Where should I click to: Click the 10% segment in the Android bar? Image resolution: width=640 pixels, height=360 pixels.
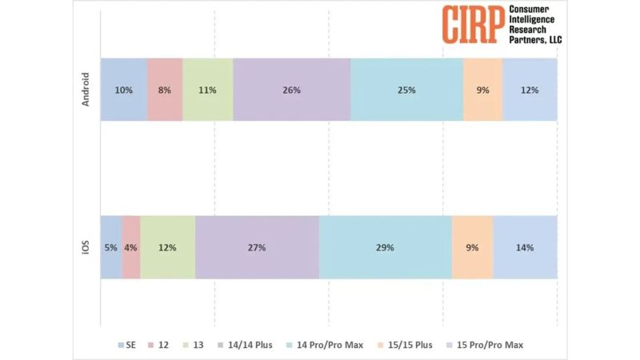(123, 90)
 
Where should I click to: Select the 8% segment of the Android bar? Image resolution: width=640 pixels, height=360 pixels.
(165, 90)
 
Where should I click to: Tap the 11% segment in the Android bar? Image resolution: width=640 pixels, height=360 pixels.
(208, 90)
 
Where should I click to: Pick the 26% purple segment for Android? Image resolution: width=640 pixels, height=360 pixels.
(291, 90)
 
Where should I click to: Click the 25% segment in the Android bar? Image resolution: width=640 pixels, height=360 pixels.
(406, 90)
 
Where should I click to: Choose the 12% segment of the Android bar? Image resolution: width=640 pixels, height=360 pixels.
(530, 90)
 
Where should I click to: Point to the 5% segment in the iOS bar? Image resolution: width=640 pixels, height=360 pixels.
(111, 247)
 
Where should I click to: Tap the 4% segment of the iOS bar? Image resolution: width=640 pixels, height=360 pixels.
(131, 247)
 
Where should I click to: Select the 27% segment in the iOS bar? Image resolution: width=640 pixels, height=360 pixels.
(257, 247)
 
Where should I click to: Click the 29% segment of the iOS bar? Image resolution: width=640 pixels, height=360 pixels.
(385, 247)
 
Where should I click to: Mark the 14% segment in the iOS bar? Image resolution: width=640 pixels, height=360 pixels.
(525, 247)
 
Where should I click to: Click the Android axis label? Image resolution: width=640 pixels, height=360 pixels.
(86, 90)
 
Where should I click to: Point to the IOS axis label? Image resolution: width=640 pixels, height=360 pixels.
(86, 247)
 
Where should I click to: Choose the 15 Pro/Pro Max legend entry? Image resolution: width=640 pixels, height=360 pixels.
(489, 345)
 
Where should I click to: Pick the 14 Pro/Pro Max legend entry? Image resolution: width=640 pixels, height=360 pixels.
(328, 345)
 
